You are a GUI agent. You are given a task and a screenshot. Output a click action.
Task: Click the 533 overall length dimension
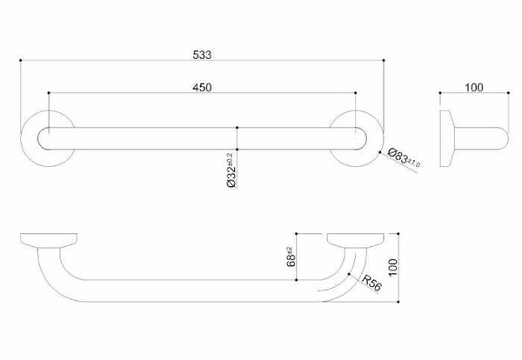point(202,55)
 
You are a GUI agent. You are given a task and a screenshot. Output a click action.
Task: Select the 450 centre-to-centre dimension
point(202,87)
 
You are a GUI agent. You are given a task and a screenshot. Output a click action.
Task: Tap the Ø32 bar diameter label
point(231,170)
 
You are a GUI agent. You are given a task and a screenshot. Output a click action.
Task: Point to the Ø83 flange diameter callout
point(404,158)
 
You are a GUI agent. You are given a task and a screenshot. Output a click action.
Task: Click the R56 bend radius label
point(371,283)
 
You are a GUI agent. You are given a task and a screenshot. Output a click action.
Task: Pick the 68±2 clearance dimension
point(291,257)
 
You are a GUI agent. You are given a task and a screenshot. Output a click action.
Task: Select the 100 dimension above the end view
point(474,87)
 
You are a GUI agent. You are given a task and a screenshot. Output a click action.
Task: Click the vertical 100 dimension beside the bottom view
point(393,267)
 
